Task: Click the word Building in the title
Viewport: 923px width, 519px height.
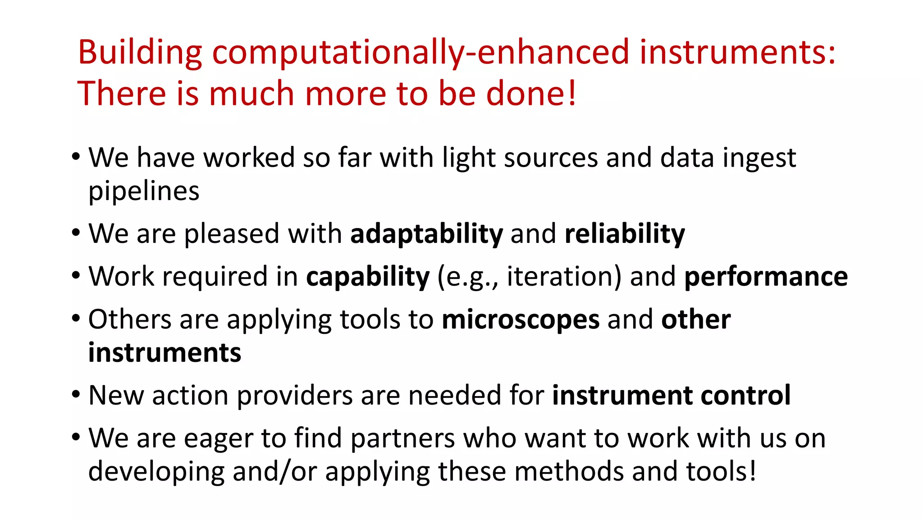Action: click(x=140, y=52)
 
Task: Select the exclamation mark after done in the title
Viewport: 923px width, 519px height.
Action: click(x=572, y=93)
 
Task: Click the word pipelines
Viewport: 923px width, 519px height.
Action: click(x=143, y=191)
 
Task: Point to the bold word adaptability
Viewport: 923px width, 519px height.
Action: click(x=426, y=234)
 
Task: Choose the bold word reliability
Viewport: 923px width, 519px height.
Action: click(x=624, y=234)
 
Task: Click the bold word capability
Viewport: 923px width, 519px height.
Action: click(x=368, y=276)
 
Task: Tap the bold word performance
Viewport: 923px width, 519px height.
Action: click(x=766, y=276)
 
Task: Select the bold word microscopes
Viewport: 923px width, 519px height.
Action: click(x=521, y=319)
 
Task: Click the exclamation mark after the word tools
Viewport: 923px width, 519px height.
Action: click(x=752, y=471)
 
